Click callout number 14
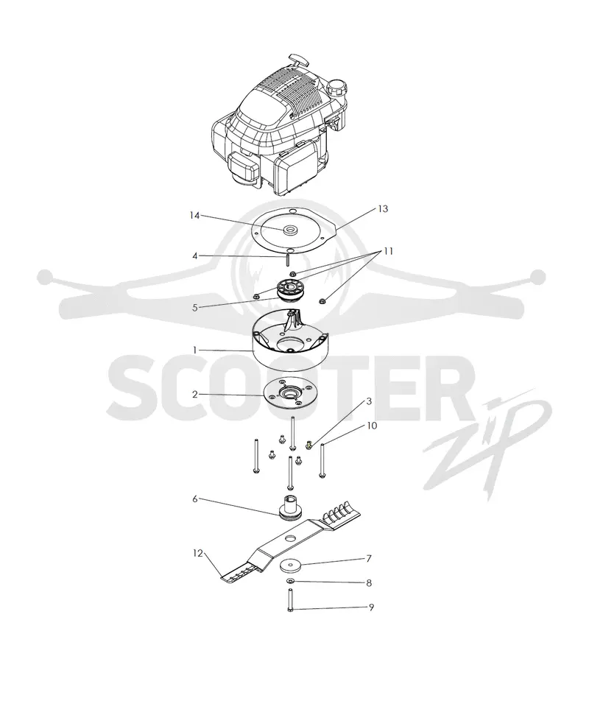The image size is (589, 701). (x=194, y=216)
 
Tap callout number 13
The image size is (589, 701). (x=383, y=209)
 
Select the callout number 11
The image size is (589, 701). (x=388, y=251)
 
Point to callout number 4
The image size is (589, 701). (x=195, y=256)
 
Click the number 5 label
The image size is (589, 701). (x=195, y=308)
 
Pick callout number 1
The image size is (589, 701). (x=195, y=350)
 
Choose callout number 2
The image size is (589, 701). (x=195, y=395)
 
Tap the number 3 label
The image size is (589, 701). (x=369, y=401)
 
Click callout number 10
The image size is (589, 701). (x=372, y=426)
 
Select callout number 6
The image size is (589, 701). (x=195, y=499)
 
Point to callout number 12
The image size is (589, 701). (x=198, y=554)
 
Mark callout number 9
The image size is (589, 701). (x=371, y=607)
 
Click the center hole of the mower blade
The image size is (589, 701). (x=291, y=537)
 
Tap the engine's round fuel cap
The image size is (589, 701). (x=337, y=87)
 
